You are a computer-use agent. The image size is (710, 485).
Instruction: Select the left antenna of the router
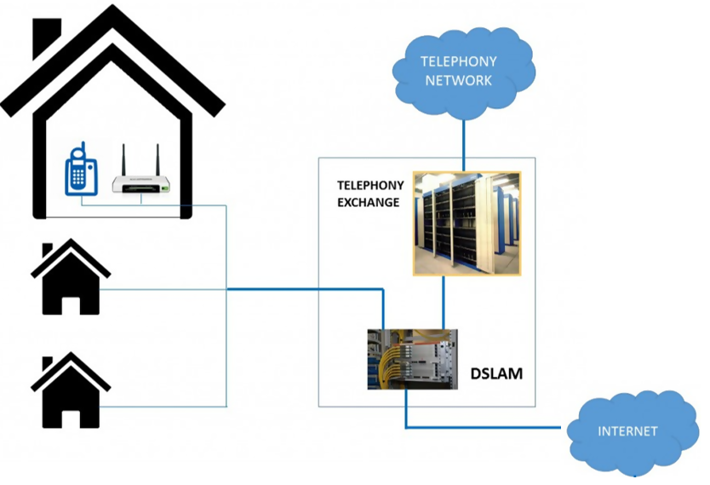tap(123, 159)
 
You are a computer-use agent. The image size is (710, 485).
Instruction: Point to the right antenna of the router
tap(157, 159)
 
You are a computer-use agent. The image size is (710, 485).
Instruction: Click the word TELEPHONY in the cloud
tap(459, 61)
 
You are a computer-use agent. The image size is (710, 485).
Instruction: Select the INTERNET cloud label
tap(627, 430)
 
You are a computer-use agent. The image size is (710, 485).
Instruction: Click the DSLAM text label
tap(497, 373)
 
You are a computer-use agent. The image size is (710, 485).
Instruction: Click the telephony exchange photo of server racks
tap(467, 223)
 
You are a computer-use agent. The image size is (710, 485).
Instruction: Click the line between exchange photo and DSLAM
tap(442, 302)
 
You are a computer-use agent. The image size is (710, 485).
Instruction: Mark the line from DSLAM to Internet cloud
tap(485, 426)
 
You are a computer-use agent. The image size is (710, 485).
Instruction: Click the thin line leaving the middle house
tap(162, 290)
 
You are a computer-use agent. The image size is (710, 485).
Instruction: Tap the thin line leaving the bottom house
tap(162, 405)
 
